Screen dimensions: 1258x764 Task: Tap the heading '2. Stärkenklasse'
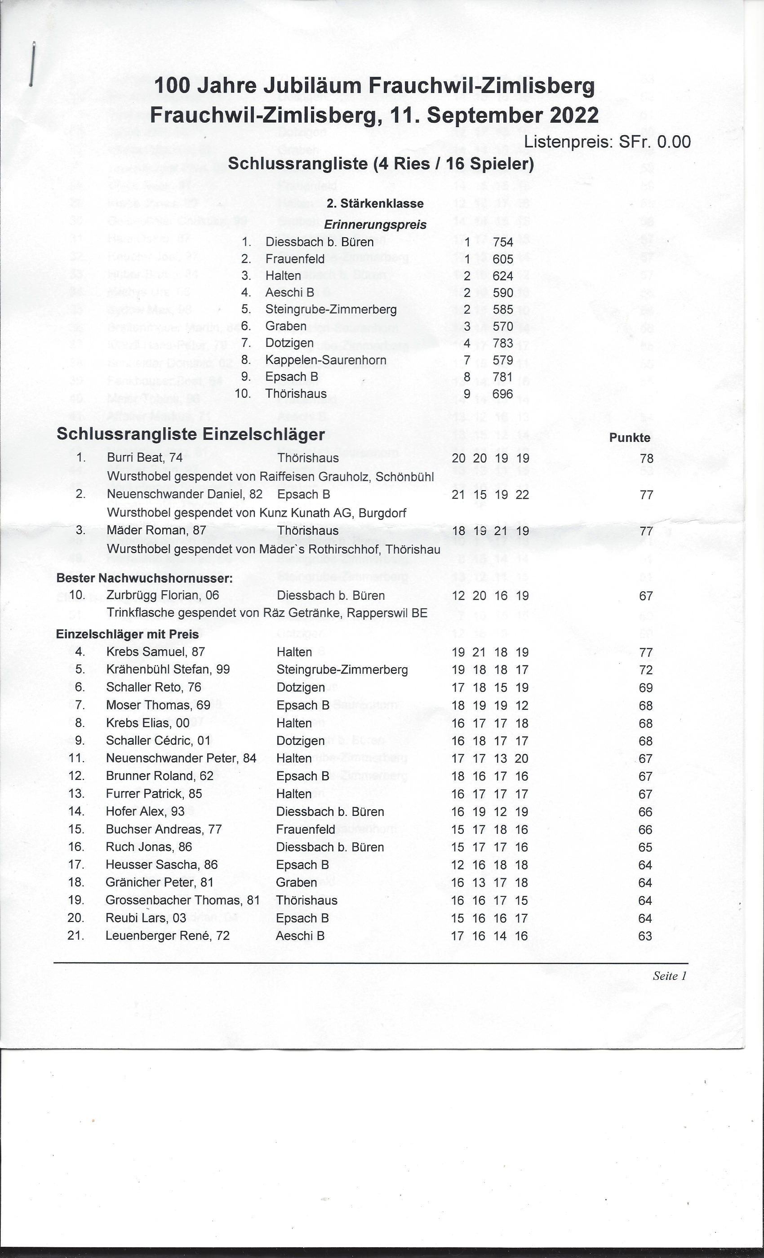pyautogui.click(x=375, y=203)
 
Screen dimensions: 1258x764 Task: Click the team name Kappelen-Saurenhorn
pyautogui.click(x=325, y=360)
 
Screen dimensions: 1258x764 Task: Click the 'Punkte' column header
pyautogui.click(x=629, y=438)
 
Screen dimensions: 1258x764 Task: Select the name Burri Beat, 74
pyautogui.click(x=145, y=457)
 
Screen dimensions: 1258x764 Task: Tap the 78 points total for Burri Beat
pyautogui.click(x=646, y=458)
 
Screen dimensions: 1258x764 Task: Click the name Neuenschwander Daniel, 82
pyautogui.click(x=184, y=494)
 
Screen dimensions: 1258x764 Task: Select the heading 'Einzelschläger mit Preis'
pyautogui.click(x=127, y=634)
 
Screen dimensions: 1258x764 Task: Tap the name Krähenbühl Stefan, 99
pyautogui.click(x=168, y=669)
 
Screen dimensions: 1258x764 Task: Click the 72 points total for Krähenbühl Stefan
pyautogui.click(x=645, y=670)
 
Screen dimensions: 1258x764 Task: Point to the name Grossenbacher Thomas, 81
pyautogui.click(x=182, y=900)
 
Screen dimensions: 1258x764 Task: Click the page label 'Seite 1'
pyautogui.click(x=669, y=976)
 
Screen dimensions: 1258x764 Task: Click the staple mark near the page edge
pyautogui.click(x=32, y=64)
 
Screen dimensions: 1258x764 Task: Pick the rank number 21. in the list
pyautogui.click(x=76, y=936)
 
